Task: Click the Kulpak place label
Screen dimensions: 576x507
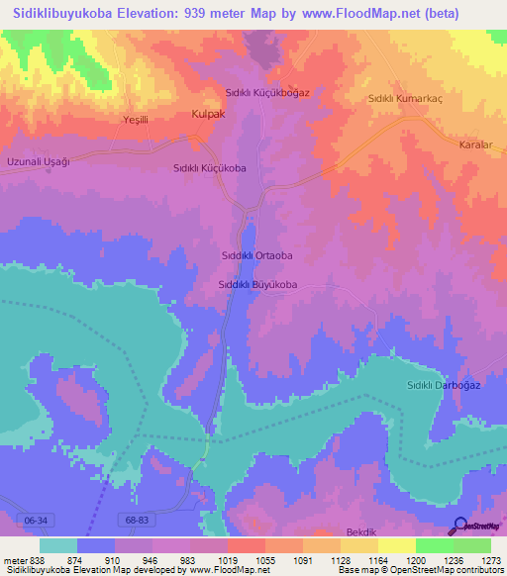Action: point(207,115)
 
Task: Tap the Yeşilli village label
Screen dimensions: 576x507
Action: point(135,120)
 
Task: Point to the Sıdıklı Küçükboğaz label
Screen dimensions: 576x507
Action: point(267,92)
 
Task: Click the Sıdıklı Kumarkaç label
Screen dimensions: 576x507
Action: point(404,98)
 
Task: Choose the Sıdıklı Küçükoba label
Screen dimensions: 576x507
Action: point(210,168)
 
